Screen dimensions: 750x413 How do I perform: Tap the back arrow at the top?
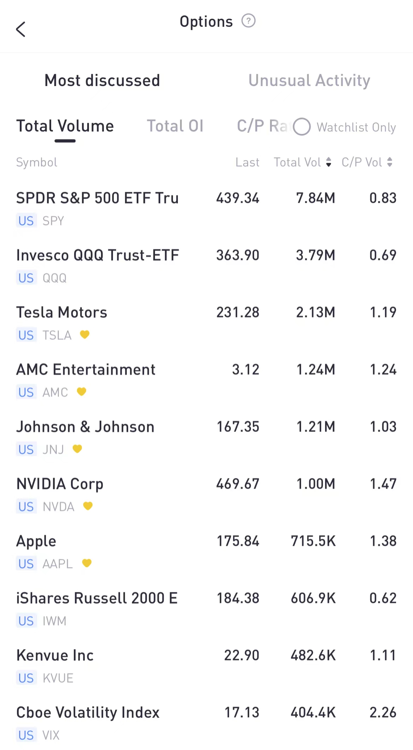(x=21, y=29)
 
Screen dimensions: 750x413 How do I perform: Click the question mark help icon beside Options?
(x=248, y=21)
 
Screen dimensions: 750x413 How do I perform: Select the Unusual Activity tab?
(x=309, y=80)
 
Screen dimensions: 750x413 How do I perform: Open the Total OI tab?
(x=175, y=126)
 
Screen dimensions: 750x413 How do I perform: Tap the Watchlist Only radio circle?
(x=302, y=127)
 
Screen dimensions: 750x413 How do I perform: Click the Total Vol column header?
(x=298, y=162)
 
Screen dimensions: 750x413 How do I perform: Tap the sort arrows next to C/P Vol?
(x=390, y=162)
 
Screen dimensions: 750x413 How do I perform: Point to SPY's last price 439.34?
(x=238, y=198)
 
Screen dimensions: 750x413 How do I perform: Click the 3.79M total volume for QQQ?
(x=315, y=255)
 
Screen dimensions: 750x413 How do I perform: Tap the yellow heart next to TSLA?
(x=85, y=334)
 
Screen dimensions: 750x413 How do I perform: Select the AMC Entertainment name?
(x=86, y=370)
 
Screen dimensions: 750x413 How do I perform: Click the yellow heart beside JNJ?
(x=77, y=449)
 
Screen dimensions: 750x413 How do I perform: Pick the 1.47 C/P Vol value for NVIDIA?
(x=383, y=484)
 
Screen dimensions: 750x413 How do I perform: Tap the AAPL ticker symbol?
(x=58, y=564)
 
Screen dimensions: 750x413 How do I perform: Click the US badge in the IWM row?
(x=26, y=621)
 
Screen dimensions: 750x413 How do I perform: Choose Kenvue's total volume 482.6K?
(x=313, y=656)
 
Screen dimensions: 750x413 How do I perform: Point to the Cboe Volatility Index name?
(x=88, y=713)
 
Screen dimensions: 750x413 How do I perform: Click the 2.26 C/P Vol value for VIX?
(x=383, y=713)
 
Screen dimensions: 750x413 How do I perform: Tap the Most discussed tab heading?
(x=102, y=80)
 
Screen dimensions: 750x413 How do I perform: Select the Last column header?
(x=247, y=162)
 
